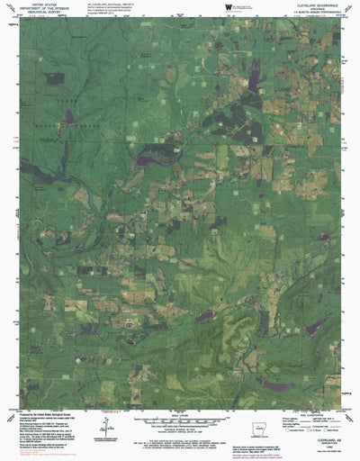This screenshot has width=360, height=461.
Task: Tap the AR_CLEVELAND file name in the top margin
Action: tap(112, 5)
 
